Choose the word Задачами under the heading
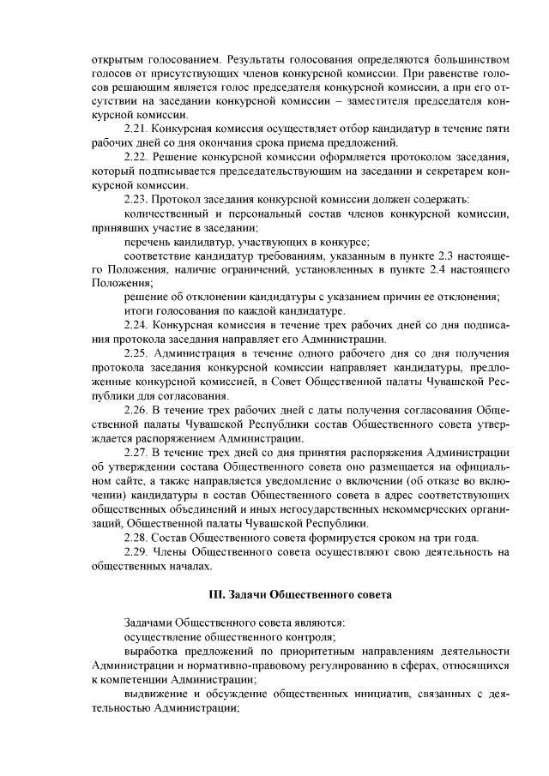[150, 623]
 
